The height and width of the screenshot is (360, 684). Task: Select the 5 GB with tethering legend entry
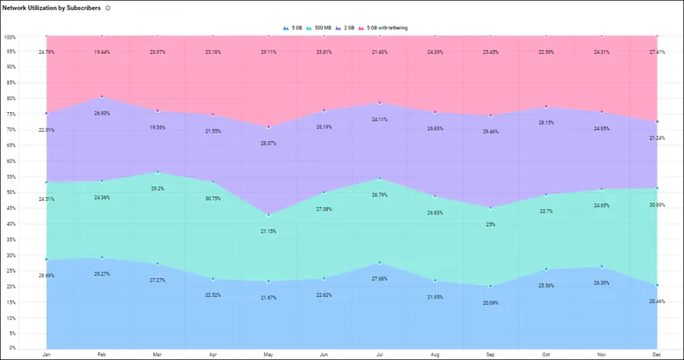387,27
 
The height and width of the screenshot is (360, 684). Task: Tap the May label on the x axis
269,353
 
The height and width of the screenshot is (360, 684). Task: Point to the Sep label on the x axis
491,353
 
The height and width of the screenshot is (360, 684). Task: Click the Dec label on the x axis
656,353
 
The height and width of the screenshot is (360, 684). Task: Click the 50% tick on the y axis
11,193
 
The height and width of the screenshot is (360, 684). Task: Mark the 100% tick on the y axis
10,36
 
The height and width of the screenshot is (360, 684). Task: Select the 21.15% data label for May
269,231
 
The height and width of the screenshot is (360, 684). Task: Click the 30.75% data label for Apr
213,199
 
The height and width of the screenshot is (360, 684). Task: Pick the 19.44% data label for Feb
102,52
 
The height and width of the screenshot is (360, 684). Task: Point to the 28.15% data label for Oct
546,122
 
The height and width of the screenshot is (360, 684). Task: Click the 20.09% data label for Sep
491,303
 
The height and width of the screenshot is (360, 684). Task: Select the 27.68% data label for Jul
379,279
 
